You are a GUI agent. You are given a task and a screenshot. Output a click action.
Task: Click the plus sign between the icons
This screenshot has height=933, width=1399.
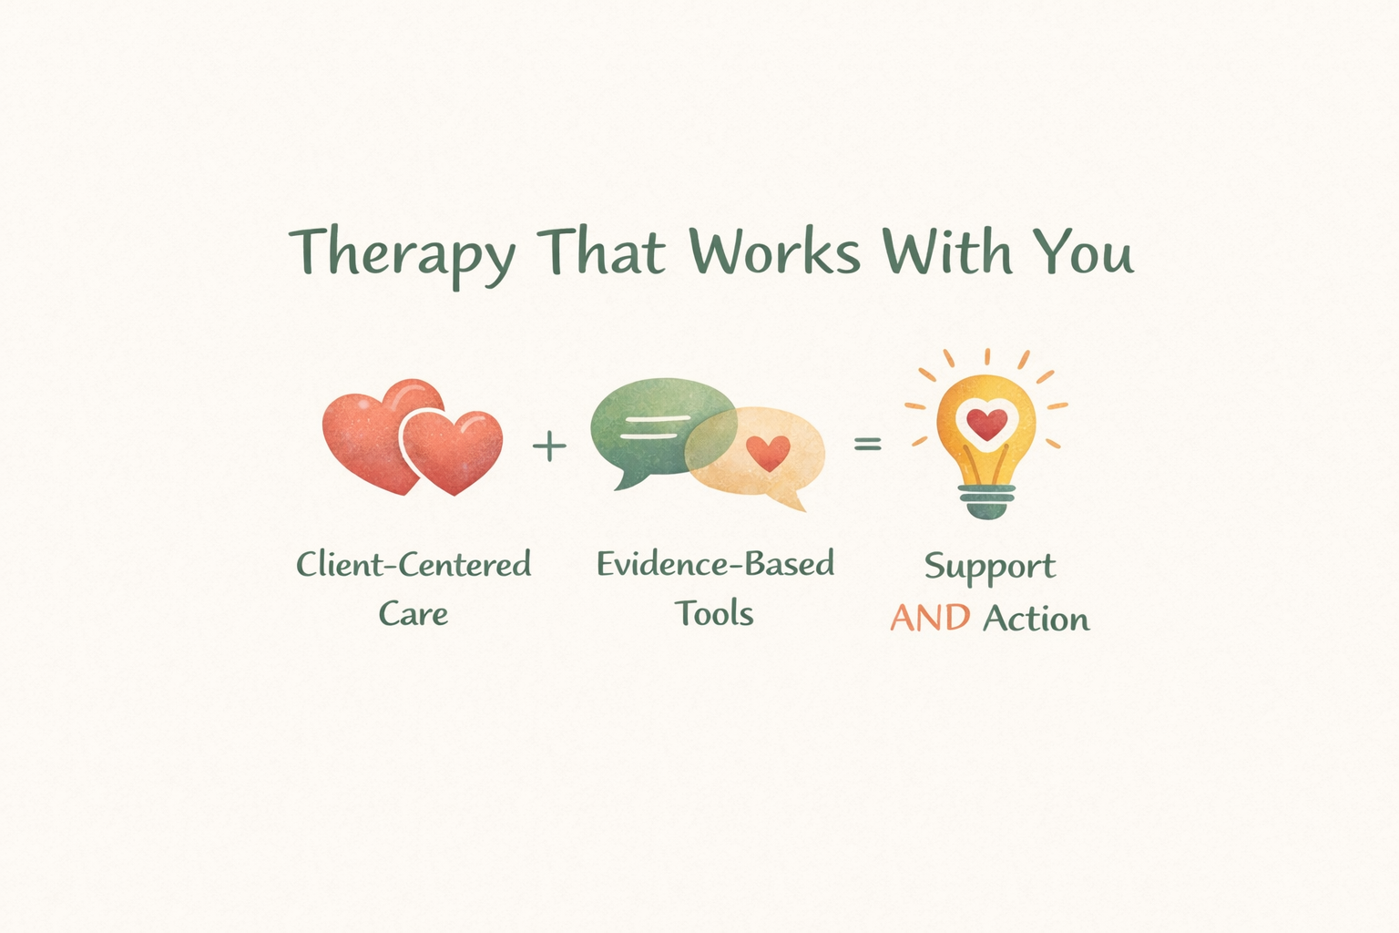click(x=549, y=446)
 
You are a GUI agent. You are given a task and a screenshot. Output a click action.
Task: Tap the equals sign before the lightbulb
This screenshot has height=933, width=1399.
click(x=867, y=444)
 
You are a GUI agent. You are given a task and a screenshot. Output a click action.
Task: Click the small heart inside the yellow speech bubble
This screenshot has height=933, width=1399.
click(x=768, y=452)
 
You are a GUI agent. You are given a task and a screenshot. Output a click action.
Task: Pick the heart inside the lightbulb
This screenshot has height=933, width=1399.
click(x=986, y=423)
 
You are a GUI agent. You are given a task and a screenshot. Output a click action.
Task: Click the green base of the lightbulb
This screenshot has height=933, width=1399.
click(x=986, y=500)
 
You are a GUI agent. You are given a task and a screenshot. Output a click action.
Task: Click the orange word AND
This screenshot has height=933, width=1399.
click(x=930, y=619)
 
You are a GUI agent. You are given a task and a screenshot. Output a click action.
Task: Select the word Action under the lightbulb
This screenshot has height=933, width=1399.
click(x=1036, y=619)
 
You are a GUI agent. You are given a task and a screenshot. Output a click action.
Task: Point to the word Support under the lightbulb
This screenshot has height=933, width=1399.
click(x=989, y=568)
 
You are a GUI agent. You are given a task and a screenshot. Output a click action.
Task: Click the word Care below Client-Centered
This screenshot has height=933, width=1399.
click(x=414, y=613)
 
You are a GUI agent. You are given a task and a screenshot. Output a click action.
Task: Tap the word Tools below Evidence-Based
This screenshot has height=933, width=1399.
click(x=714, y=613)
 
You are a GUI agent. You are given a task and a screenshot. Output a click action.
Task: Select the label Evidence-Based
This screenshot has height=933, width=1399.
click(x=715, y=564)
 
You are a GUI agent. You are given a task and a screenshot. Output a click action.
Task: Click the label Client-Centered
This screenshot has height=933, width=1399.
click(x=414, y=565)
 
